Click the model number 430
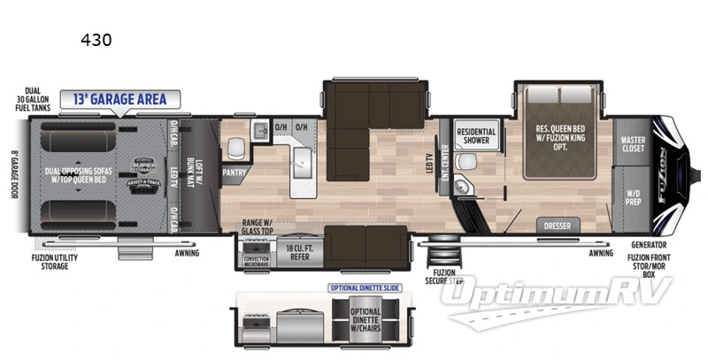pos(96,40)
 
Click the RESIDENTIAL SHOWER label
pos(476,135)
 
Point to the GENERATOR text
pos(649,244)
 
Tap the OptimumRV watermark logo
pos(558,301)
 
